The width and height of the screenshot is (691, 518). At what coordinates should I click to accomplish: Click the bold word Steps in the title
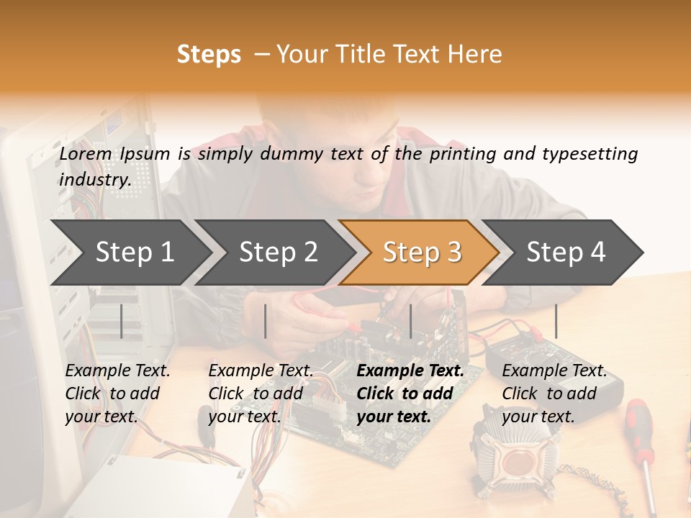[x=209, y=55]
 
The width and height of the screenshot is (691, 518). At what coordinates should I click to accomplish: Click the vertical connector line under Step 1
[x=121, y=321]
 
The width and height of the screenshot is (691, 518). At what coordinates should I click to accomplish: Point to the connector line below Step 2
[x=266, y=321]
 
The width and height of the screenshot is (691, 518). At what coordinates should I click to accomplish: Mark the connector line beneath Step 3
[x=410, y=321]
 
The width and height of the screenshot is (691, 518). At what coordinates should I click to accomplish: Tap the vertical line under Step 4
[x=556, y=321]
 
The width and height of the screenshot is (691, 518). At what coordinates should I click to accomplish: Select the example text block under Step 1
[x=117, y=394]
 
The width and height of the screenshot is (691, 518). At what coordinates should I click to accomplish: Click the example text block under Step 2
[x=261, y=394]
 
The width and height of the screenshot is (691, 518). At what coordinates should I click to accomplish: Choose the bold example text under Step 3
[x=410, y=394]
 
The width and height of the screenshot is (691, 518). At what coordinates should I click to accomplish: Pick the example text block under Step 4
[x=554, y=394]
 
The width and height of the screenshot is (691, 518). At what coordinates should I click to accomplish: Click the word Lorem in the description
[x=85, y=154]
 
